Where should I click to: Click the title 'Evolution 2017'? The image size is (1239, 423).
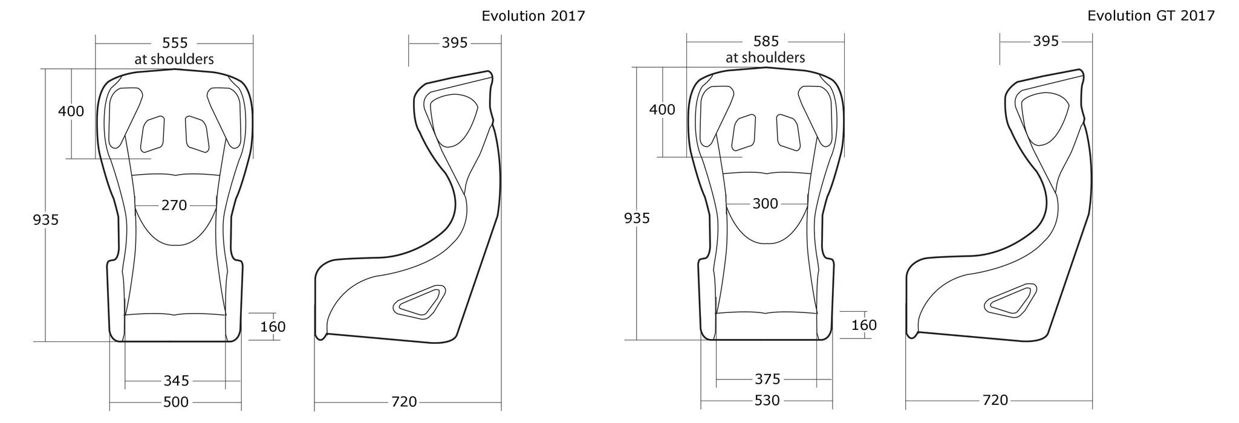pyautogui.click(x=533, y=16)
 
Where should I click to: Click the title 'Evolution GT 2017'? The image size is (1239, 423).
pyautogui.click(x=1151, y=16)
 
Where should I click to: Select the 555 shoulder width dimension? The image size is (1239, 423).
pyautogui.click(x=175, y=43)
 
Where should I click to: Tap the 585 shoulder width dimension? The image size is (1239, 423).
pyautogui.click(x=766, y=42)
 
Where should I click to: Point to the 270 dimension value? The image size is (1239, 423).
pyautogui.click(x=174, y=205)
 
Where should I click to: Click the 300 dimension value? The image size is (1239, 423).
pyautogui.click(x=766, y=204)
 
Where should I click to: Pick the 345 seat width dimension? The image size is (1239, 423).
pyautogui.click(x=177, y=381)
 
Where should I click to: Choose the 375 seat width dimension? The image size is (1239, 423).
pyautogui.click(x=768, y=379)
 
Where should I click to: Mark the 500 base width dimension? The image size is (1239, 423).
pyautogui.click(x=176, y=402)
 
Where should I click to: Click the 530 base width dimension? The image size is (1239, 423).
pyautogui.click(x=767, y=401)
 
